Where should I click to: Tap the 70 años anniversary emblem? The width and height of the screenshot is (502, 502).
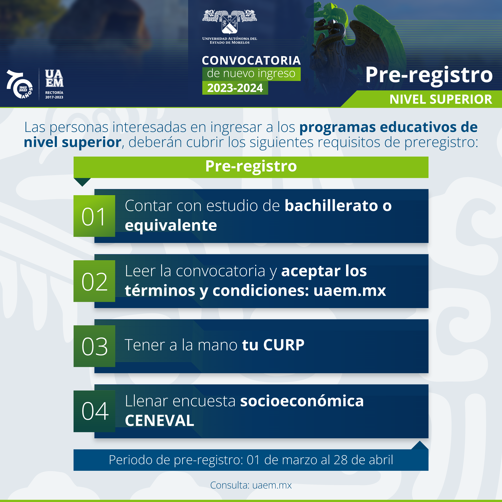(x=19, y=84)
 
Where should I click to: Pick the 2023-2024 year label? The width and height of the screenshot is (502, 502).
(x=235, y=88)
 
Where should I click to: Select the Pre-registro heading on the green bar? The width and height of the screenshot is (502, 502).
(x=251, y=166)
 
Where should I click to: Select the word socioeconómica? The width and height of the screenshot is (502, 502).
(x=302, y=401)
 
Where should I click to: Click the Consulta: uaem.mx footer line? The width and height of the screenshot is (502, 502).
(x=251, y=485)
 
